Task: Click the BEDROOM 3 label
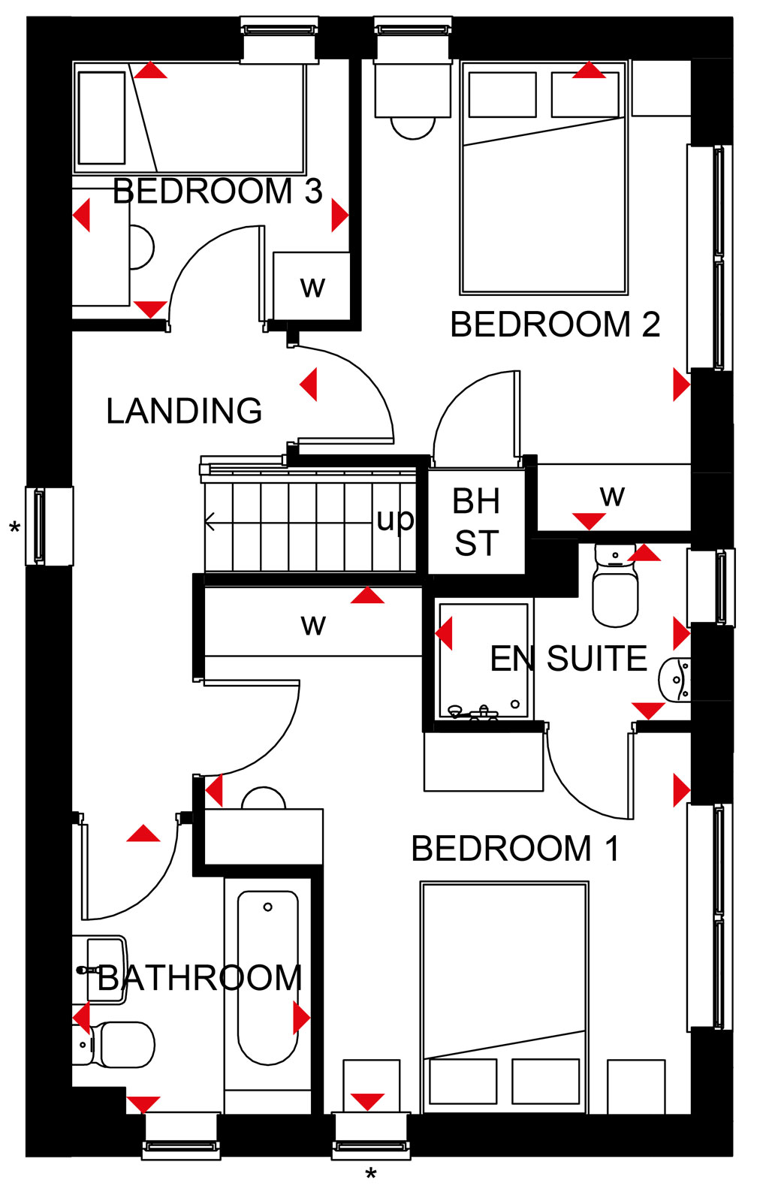(218, 191)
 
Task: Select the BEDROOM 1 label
(515, 848)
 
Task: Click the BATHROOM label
(200, 977)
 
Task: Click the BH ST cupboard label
(476, 521)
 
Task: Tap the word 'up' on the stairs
(395, 520)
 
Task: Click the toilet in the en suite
(614, 584)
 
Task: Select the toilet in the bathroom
(113, 1045)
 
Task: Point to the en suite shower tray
(483, 661)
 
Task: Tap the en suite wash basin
(675, 679)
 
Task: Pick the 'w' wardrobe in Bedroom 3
(312, 287)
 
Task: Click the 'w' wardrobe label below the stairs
(313, 625)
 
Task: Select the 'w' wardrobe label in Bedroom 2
(612, 496)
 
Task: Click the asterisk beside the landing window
(15, 527)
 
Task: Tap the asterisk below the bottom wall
(371, 1173)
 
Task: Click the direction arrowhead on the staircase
(210, 522)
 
